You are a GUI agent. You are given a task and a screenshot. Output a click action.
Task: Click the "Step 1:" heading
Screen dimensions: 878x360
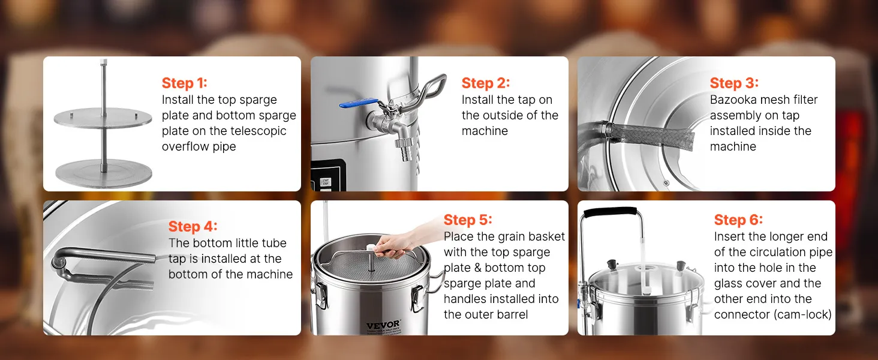tap(184, 83)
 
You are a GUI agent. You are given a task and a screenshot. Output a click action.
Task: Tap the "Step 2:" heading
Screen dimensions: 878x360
tap(486, 83)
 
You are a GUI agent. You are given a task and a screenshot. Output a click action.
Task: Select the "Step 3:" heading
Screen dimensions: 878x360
tap(734, 83)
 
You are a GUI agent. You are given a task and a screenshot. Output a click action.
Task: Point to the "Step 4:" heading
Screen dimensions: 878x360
tap(193, 226)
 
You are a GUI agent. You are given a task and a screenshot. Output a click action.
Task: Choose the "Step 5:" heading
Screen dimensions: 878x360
tap(468, 220)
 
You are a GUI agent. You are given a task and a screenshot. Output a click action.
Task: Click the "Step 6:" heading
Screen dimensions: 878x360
tap(738, 220)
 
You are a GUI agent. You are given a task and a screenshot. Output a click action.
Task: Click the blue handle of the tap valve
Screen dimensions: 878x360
tap(358, 103)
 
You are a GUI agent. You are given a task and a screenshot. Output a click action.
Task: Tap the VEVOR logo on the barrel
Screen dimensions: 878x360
tap(383, 325)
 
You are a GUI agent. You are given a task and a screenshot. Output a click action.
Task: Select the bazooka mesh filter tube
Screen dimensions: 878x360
tap(651, 135)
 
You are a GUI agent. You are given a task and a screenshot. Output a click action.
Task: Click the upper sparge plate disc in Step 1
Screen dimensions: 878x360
tap(103, 117)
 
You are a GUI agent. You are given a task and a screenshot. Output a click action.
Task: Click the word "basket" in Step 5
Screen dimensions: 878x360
tap(546, 236)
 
